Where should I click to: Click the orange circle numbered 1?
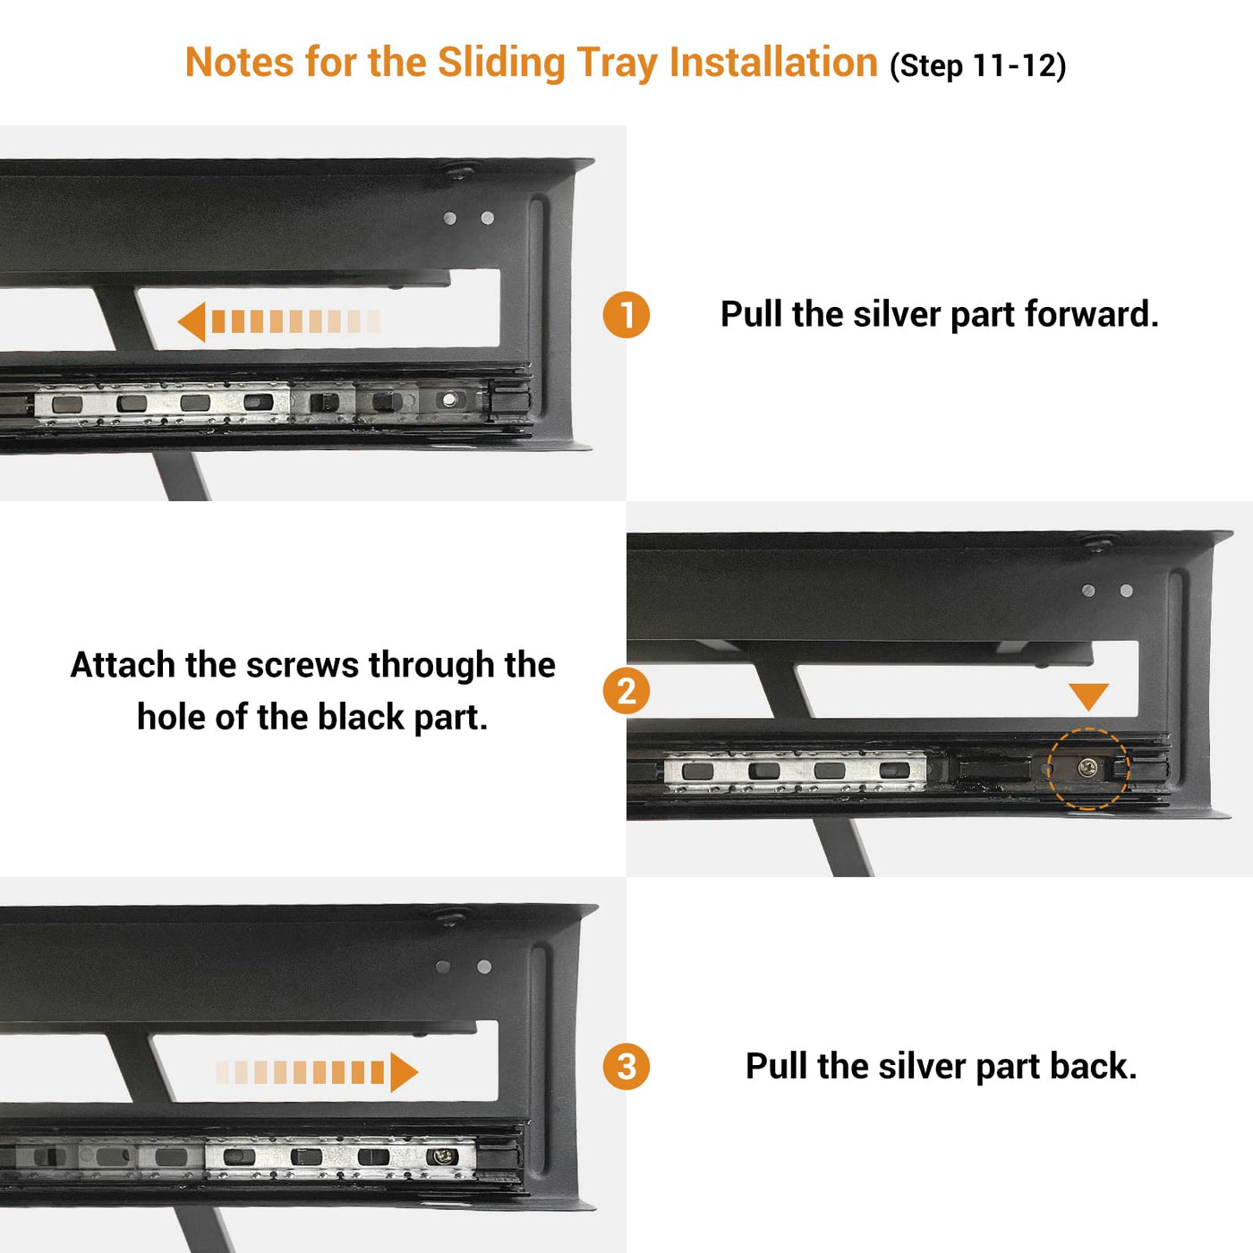coord(626,315)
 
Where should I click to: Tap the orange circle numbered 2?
coord(626,691)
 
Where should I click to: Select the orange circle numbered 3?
coord(626,1066)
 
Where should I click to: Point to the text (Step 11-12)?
coord(978,65)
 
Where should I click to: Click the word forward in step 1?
coord(1092,314)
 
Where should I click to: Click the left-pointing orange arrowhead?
coord(192,322)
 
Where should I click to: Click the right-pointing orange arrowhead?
coord(404,1072)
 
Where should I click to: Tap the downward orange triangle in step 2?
coord(1088,697)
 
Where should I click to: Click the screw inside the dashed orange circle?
coord(1087,769)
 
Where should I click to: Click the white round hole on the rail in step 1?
coord(448,399)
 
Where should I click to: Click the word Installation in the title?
coord(774,63)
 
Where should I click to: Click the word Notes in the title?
coord(239,63)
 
